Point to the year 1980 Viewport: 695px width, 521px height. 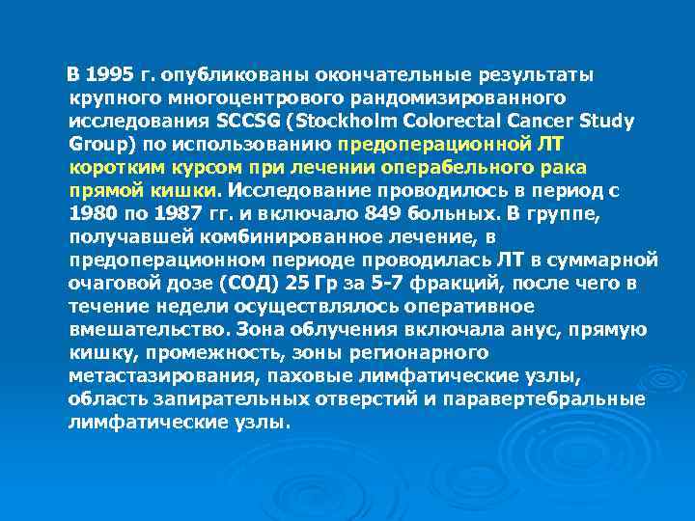[x=93, y=212]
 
